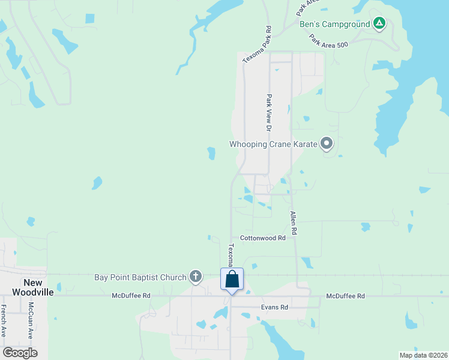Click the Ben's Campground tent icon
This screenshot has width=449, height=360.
[x=379, y=24]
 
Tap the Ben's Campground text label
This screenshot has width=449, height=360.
[x=335, y=25]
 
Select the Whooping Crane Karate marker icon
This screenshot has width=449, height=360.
[x=327, y=143]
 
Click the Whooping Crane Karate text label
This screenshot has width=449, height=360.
[x=273, y=144]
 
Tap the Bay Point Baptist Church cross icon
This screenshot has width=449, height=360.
[x=195, y=277]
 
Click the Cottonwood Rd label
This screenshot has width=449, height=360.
[x=262, y=238]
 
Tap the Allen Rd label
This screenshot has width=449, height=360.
[x=294, y=222]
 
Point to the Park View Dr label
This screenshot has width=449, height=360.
[x=270, y=112]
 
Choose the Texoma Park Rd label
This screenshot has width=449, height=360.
[x=258, y=45]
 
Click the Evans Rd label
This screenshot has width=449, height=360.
[x=274, y=307]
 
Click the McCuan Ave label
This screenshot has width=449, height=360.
[x=29, y=320]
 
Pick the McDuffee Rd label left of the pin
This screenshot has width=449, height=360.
[x=131, y=296]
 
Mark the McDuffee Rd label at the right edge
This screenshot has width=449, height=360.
[x=345, y=296]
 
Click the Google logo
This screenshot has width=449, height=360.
[x=20, y=352]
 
